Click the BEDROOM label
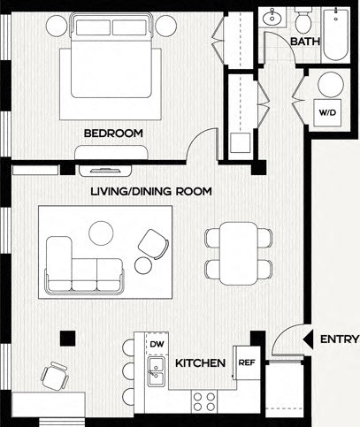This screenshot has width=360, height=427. click(113, 133)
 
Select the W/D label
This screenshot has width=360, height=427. click(327, 114)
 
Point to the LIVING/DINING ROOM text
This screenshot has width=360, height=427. click(152, 191)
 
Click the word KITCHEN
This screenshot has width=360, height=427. click(198, 363)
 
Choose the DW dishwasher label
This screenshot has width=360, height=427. click(157, 345)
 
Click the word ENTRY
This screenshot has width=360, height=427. click(339, 339)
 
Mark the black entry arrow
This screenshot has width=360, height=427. click(308, 339)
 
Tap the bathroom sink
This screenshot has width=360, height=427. click(272, 18)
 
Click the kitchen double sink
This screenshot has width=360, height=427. click(157, 372)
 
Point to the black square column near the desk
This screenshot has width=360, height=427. click(65, 336)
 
